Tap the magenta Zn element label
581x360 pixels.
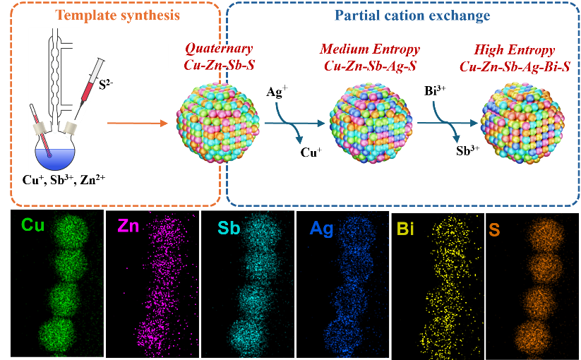click(x=128, y=226)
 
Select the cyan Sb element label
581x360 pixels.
click(x=229, y=228)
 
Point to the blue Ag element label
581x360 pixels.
click(x=322, y=228)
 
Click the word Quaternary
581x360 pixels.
click(x=218, y=49)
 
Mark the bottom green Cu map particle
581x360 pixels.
click(x=60, y=332)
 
